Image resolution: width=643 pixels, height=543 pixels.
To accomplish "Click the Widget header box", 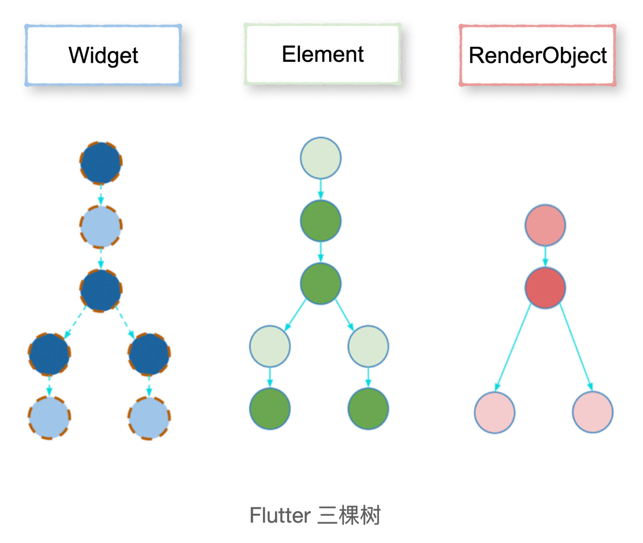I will [x=103, y=55].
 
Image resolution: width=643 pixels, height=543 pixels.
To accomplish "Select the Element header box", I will [x=322, y=54].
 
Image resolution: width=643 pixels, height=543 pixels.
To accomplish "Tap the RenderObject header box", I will [x=537, y=55].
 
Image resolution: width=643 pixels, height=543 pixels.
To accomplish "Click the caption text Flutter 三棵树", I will [x=315, y=515].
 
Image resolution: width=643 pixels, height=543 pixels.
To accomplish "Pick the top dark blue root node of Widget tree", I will [x=101, y=163].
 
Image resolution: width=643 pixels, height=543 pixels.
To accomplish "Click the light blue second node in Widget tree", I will [x=101, y=227].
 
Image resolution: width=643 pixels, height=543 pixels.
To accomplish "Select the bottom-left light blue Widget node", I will [x=49, y=417].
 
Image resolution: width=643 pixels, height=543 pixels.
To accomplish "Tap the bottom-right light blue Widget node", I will [x=149, y=417].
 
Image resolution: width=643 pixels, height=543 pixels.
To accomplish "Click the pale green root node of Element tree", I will [x=321, y=158].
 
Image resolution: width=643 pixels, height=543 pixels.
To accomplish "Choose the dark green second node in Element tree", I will [x=321, y=221].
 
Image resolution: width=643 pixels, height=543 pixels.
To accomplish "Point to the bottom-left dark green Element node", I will [x=270, y=409].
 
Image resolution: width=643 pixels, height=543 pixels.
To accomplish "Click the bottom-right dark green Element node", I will [x=368, y=409].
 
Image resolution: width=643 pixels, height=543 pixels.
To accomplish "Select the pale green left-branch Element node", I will [x=270, y=346].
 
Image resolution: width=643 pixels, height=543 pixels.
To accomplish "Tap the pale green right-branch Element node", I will [x=368, y=346].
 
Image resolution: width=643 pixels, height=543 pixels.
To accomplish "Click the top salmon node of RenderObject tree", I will [x=545, y=225].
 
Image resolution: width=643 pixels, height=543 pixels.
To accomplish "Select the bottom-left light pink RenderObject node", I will [x=495, y=412].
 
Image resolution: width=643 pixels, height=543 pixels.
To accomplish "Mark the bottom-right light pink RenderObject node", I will [x=593, y=412].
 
